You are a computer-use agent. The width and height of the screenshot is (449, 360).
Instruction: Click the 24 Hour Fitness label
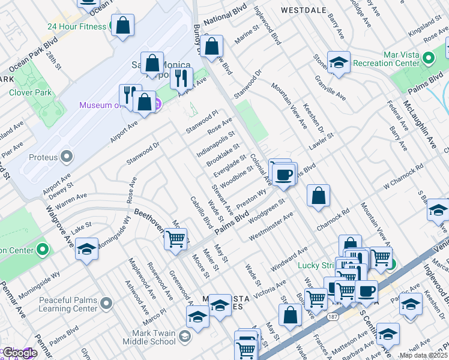[x=77, y=27]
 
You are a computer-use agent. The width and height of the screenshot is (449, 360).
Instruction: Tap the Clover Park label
[x=30, y=93]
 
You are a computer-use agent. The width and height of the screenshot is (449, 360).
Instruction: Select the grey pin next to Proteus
[x=67, y=157]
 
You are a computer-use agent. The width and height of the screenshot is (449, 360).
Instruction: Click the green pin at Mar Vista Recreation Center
[x=428, y=59]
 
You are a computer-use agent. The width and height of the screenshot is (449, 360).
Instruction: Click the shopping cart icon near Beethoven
[x=175, y=239]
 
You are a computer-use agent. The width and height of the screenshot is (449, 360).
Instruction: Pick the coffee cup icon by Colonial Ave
[x=284, y=175]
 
